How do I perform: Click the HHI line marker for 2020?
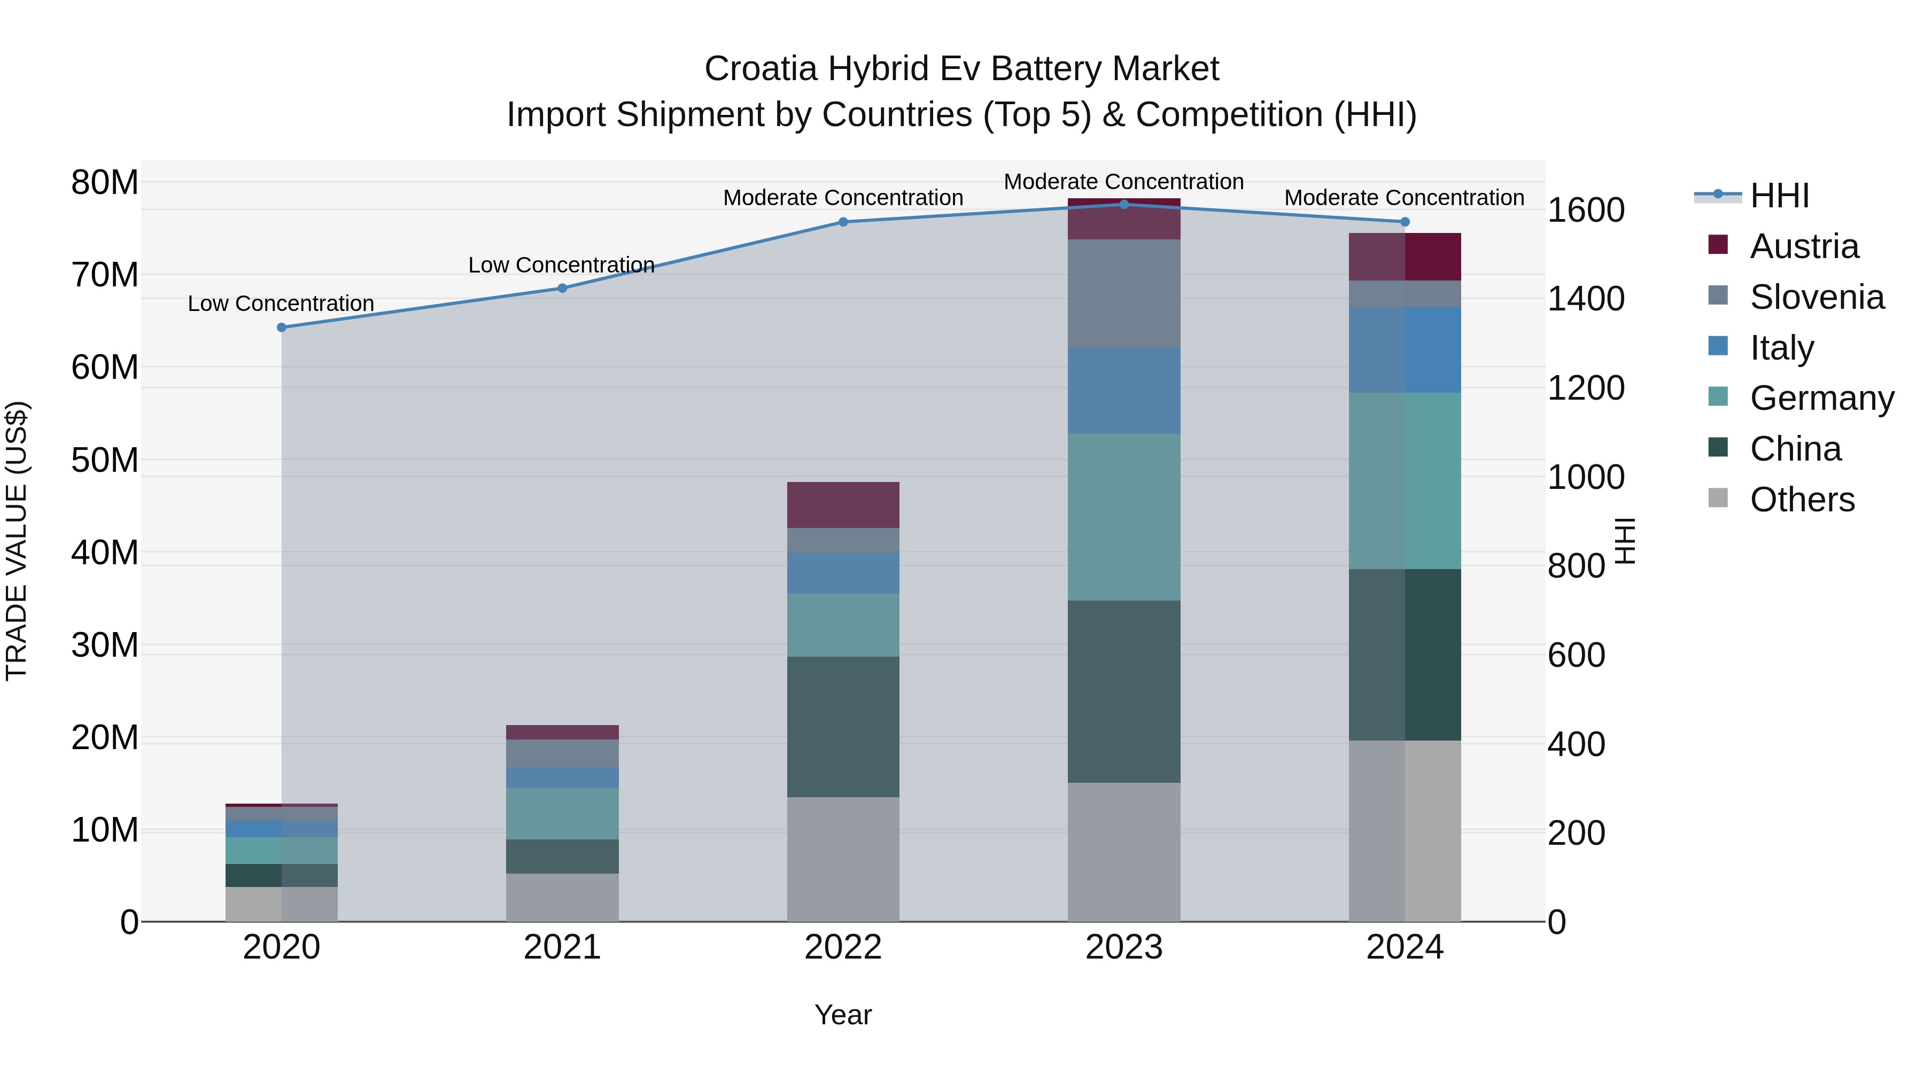(x=282, y=327)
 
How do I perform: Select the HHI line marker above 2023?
(x=1123, y=205)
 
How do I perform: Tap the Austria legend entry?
(x=1803, y=246)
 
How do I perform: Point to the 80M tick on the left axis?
(x=105, y=182)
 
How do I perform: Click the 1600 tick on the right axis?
(x=1585, y=210)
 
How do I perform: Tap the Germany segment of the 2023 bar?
(x=1123, y=517)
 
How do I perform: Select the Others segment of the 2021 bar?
(x=562, y=897)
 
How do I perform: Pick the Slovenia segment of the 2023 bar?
(x=1123, y=293)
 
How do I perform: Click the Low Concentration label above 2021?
(x=561, y=265)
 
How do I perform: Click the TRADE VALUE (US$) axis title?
(x=17, y=541)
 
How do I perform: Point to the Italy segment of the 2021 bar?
(x=562, y=777)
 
